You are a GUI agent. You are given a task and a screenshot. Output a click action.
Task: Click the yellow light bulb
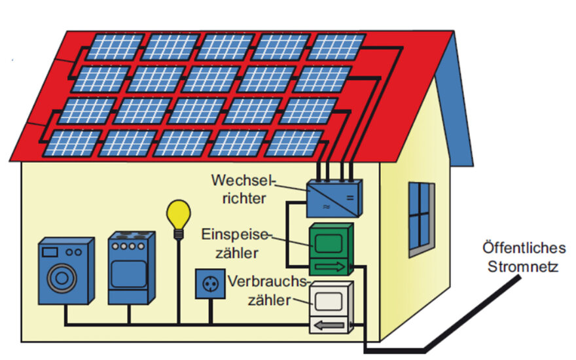(x=178, y=213)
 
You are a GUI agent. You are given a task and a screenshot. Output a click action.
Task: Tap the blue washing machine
(x=65, y=271)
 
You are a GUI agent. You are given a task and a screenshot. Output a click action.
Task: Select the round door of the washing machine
(x=61, y=278)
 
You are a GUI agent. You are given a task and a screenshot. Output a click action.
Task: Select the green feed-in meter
(x=331, y=249)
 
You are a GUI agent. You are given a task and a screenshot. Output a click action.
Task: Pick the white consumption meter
(x=331, y=308)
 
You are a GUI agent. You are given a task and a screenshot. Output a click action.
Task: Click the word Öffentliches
(x=524, y=249)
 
